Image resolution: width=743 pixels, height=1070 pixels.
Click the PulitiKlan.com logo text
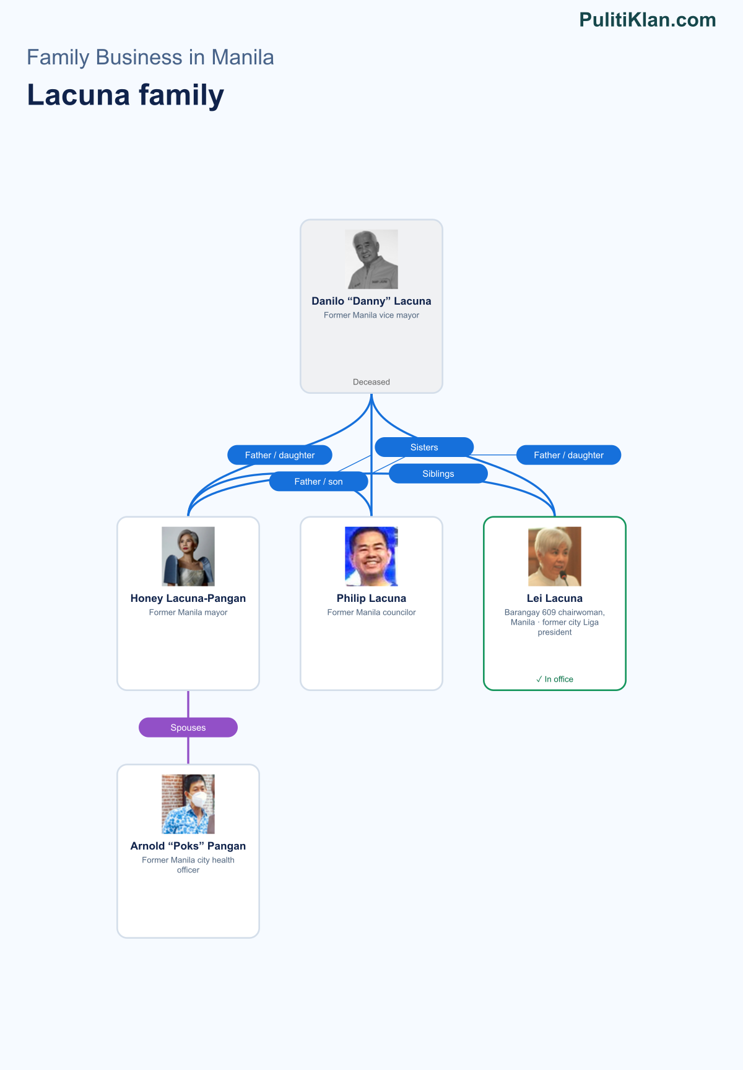648,20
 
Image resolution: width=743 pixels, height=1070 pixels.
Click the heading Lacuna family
126,95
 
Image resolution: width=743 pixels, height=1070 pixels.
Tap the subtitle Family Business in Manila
150,58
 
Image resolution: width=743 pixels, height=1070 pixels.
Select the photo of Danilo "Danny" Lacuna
371,259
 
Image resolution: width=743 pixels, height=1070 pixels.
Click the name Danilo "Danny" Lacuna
371,301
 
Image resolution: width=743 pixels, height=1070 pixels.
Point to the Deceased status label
371,382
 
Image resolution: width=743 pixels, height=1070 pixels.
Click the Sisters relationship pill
424,447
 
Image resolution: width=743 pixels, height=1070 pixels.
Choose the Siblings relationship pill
438,474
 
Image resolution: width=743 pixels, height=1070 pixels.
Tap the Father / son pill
318,482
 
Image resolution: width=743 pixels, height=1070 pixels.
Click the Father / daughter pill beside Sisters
568,455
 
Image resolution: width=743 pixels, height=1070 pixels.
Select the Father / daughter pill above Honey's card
280,455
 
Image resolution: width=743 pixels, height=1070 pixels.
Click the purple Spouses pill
188,728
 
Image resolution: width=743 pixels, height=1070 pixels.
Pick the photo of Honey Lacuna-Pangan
188,556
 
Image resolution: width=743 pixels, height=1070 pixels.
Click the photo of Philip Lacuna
371,556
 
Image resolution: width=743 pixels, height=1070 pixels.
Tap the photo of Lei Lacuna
555,556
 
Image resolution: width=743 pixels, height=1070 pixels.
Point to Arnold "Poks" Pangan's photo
188,804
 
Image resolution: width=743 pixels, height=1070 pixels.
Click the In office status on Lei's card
555,679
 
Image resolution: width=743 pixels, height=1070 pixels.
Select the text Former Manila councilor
371,612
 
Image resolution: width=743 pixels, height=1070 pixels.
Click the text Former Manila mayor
188,612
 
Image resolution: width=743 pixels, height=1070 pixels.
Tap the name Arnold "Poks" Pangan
188,846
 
